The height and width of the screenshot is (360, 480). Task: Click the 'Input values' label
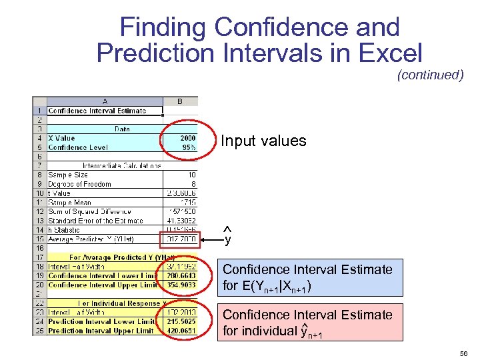click(263, 141)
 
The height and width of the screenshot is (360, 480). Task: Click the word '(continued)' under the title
click(430, 75)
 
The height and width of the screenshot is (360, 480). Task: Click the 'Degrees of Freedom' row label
click(79, 184)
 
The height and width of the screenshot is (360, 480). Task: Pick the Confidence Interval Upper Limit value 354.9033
click(181, 285)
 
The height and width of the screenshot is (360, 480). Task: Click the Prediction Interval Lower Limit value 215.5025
click(181, 321)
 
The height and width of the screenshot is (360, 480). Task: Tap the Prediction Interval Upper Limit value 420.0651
click(181, 331)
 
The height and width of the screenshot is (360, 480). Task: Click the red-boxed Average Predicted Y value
click(181, 239)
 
